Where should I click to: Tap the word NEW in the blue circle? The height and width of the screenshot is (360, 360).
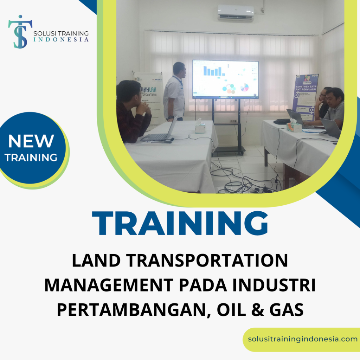pos(31,141)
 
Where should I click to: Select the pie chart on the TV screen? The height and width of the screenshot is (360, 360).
pos(244,87)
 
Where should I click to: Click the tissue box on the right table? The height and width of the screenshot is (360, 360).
pos(294,127)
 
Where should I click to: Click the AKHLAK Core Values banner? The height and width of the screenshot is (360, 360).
pos(149,95)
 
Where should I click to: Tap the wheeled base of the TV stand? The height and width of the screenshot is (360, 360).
pos(229,150)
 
